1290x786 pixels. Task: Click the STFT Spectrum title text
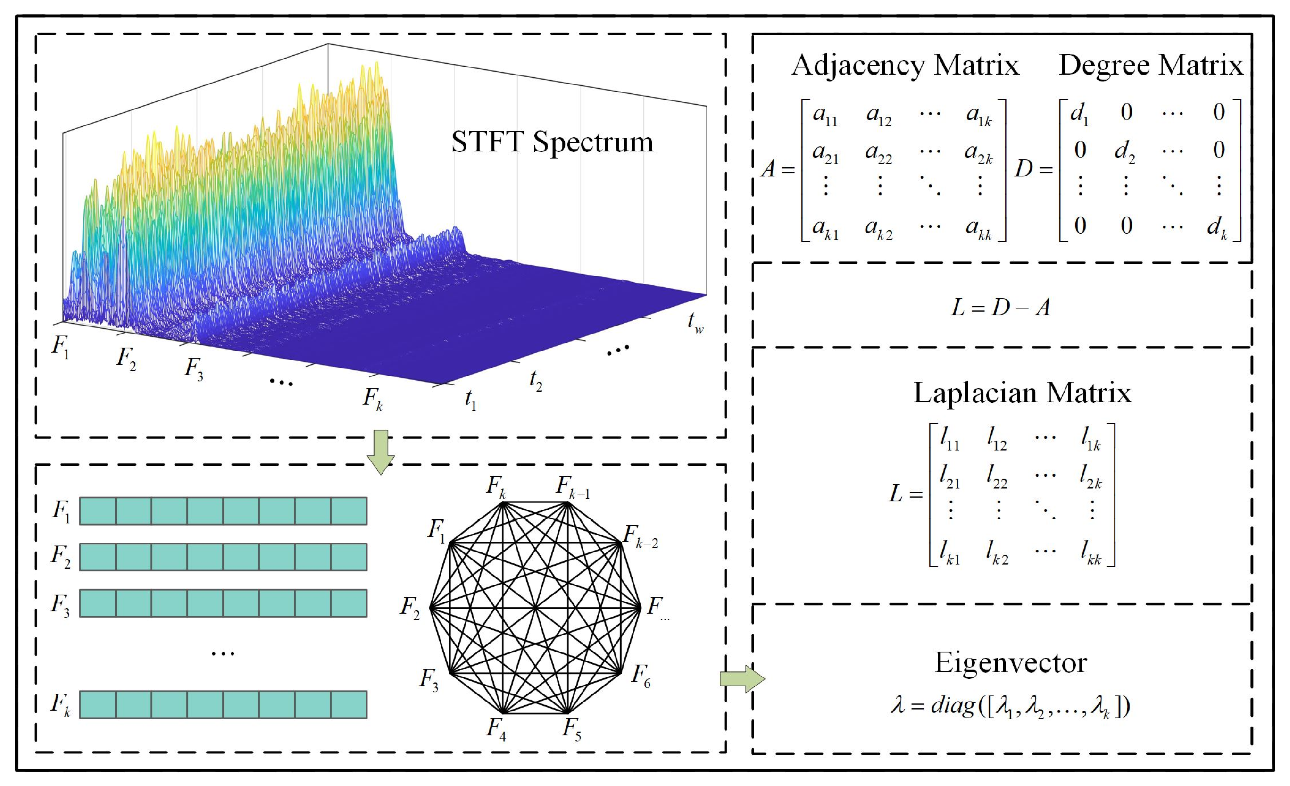[x=552, y=142]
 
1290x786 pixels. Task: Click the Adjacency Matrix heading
[x=905, y=66]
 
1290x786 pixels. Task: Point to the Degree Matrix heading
[x=1151, y=66]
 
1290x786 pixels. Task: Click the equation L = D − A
[x=1000, y=308]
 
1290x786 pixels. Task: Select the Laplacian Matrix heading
[x=1022, y=393]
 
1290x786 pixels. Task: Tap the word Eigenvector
[x=1010, y=663]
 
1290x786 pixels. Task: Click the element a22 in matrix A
[x=879, y=153]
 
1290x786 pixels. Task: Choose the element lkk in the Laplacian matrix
[x=1091, y=553]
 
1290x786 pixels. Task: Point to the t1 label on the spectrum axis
[x=470, y=400]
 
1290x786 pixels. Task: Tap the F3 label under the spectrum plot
[x=193, y=368]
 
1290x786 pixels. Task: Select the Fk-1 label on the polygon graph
[x=572, y=487]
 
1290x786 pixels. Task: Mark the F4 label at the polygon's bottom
[x=496, y=728]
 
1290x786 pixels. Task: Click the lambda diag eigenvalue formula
[x=1010, y=705]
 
